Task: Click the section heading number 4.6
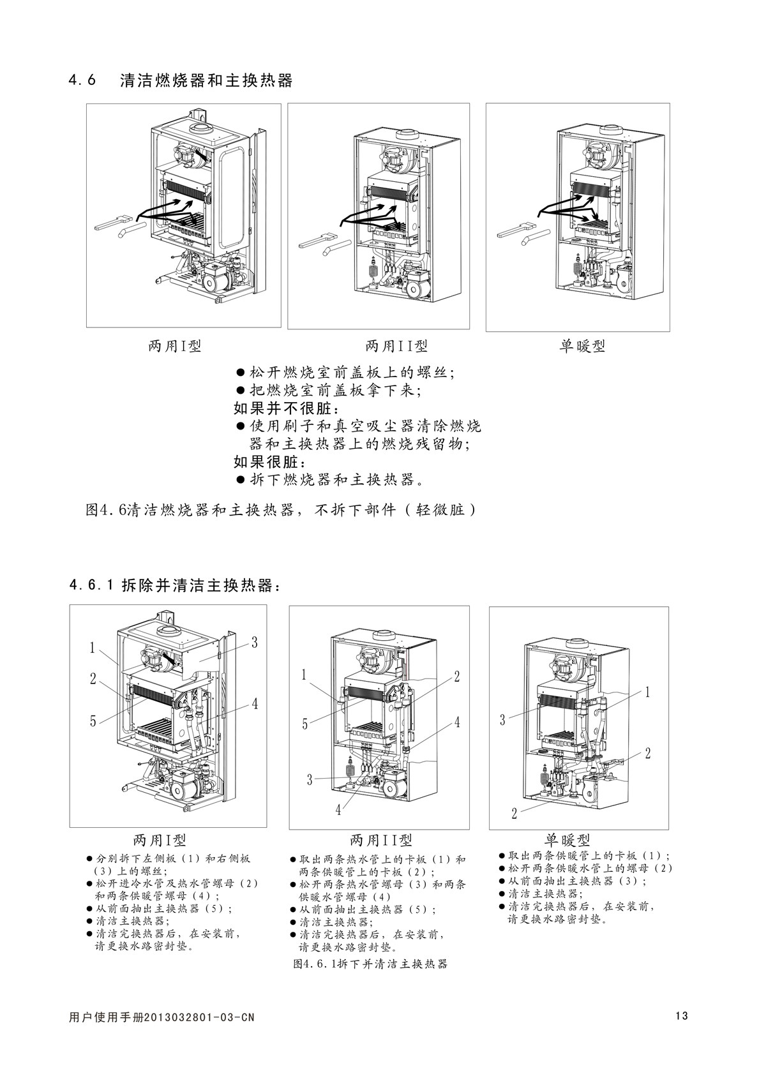[x=82, y=81]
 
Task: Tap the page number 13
[x=681, y=1016]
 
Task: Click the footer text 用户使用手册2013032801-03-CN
[x=161, y=1017]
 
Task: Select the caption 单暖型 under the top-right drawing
[x=582, y=347]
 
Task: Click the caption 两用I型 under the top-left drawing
[x=175, y=347]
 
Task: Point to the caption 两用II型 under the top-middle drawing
[x=396, y=347]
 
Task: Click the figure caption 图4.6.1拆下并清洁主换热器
[x=370, y=964]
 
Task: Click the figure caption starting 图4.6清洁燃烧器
[x=281, y=511]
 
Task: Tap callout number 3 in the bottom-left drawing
[x=254, y=643]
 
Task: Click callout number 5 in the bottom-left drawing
[x=93, y=721]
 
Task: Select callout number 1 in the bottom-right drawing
[x=647, y=692]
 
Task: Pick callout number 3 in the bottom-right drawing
[x=503, y=720]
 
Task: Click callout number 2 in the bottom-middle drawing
[x=457, y=677]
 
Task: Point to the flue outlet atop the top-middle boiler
[x=406, y=135]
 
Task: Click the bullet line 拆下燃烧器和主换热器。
[x=332, y=479]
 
